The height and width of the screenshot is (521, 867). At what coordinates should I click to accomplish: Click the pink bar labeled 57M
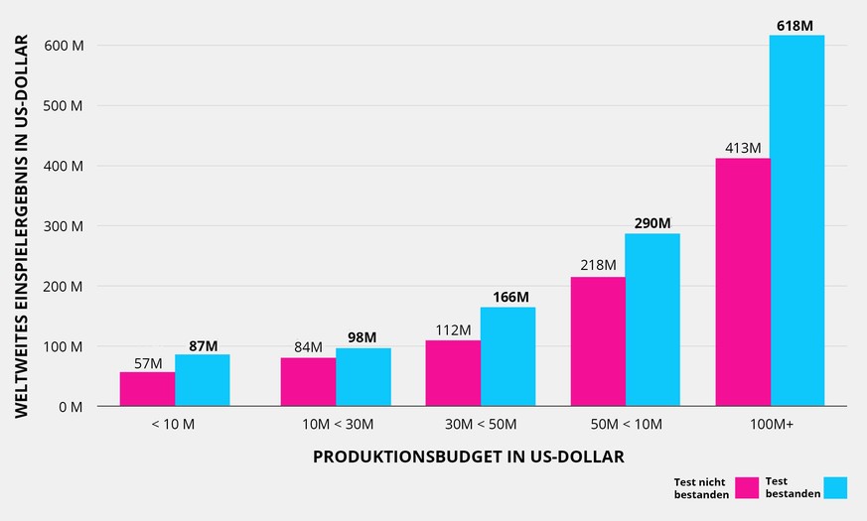[147, 389]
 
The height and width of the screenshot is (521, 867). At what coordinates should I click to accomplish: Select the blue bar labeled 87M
[203, 380]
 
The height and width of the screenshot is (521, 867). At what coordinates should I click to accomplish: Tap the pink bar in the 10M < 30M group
[308, 382]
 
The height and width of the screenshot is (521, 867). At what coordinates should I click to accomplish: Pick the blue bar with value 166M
[507, 356]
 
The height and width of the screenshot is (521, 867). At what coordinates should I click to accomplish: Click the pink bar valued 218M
[598, 341]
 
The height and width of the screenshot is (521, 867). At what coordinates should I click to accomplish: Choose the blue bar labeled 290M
[652, 320]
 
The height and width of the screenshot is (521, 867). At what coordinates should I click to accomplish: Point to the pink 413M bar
[743, 282]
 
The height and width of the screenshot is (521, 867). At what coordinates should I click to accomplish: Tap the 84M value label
[308, 346]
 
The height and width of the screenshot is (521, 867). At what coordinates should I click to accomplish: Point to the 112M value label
[453, 329]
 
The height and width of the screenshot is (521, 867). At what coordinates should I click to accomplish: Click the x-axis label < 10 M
[175, 425]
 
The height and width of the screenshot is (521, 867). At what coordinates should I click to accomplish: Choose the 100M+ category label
[770, 425]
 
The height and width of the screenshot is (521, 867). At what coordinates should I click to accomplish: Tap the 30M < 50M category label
[481, 425]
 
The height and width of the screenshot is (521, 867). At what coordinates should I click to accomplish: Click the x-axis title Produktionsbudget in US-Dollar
[469, 456]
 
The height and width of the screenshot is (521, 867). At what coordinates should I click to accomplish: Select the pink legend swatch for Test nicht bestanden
[747, 488]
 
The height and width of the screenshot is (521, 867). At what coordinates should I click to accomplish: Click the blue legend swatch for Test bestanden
[834, 487]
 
